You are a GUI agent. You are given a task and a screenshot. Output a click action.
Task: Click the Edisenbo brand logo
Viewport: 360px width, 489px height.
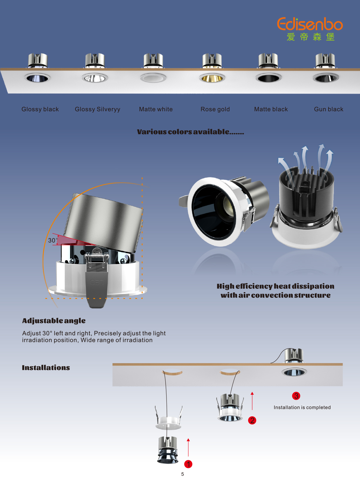tap(310, 29)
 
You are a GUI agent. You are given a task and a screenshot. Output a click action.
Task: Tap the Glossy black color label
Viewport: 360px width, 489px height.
tap(40, 109)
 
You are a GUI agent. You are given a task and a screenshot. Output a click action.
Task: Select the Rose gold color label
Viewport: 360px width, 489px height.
tap(215, 109)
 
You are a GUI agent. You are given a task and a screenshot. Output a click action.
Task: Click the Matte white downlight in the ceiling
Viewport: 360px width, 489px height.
tap(153, 78)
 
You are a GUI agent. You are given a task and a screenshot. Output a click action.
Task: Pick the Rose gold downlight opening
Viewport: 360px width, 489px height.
tap(212, 78)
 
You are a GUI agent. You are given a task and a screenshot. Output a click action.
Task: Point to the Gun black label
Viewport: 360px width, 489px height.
tap(328, 109)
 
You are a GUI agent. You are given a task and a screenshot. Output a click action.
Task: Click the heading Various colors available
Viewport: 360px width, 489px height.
tap(190, 132)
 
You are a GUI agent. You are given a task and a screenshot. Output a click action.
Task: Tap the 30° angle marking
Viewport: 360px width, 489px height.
tap(52, 240)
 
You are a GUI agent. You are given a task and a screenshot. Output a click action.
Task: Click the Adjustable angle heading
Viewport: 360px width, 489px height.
tap(54, 321)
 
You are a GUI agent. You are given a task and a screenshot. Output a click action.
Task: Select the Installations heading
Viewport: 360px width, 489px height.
tap(46, 368)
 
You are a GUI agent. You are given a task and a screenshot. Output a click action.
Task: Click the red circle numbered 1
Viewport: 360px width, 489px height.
tap(188, 464)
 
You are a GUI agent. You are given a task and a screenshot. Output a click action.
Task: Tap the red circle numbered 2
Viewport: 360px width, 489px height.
tap(252, 420)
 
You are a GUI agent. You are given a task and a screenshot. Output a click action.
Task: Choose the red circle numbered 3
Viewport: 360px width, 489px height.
tap(296, 396)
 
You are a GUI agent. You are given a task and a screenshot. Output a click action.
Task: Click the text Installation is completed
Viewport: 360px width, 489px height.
tap(302, 407)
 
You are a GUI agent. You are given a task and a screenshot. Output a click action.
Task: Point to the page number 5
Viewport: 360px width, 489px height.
tap(182, 474)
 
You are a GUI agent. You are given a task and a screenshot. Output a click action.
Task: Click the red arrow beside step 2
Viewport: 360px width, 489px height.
tap(252, 401)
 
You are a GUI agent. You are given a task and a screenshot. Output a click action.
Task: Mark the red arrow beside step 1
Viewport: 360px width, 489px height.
tap(188, 447)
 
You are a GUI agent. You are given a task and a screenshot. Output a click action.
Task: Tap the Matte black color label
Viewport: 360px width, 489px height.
tap(271, 109)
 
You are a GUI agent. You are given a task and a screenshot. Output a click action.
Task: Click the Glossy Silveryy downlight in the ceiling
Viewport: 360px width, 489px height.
tap(95, 78)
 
